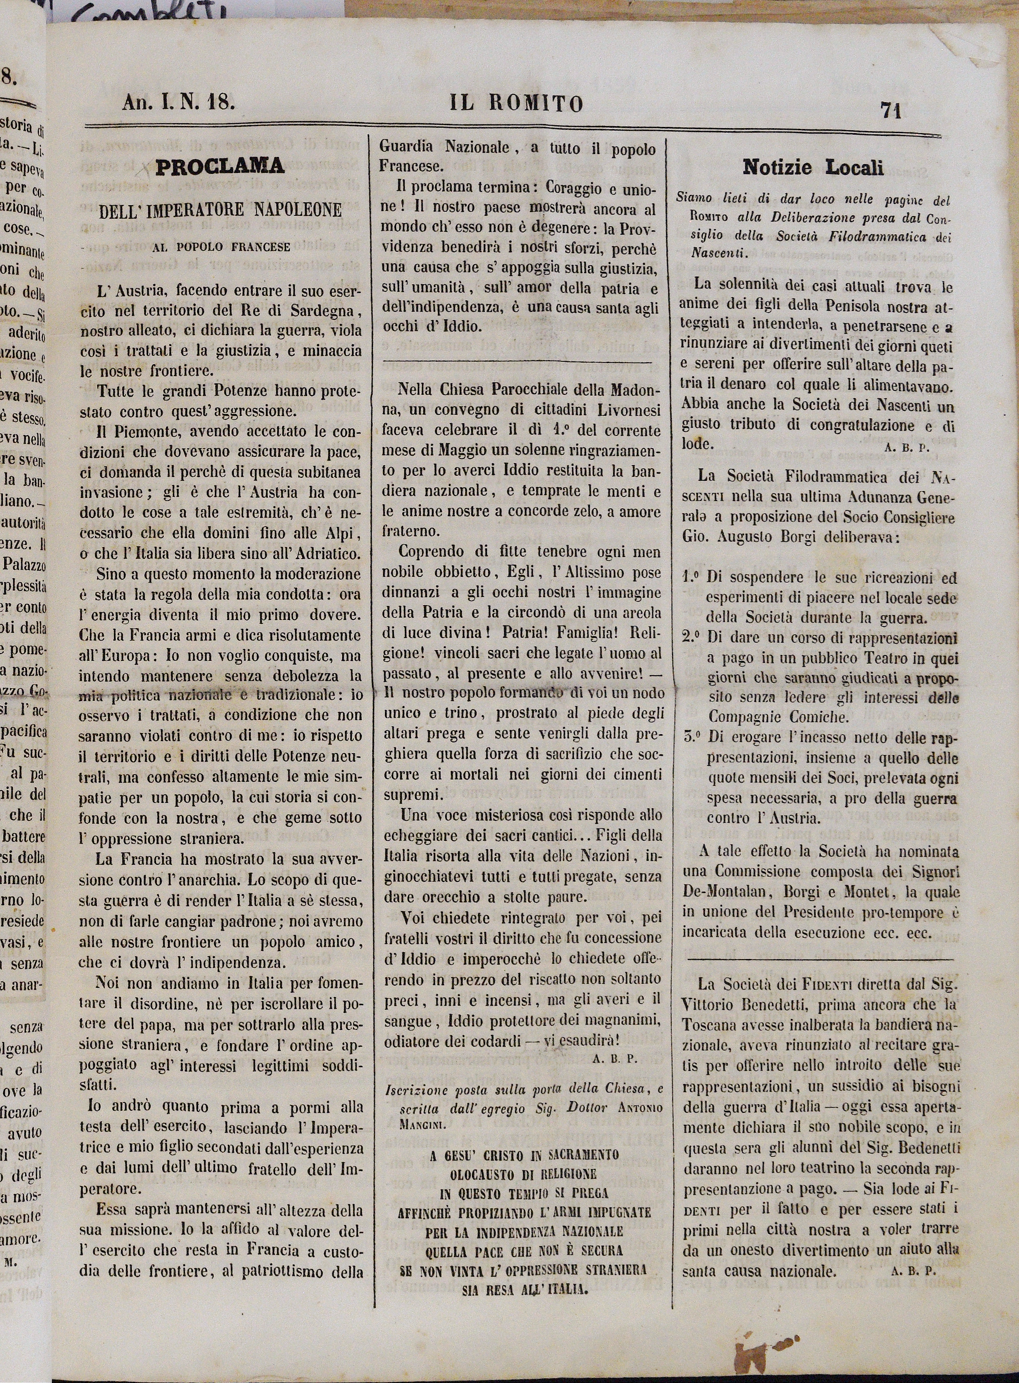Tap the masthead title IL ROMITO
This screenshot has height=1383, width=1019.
(x=515, y=104)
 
